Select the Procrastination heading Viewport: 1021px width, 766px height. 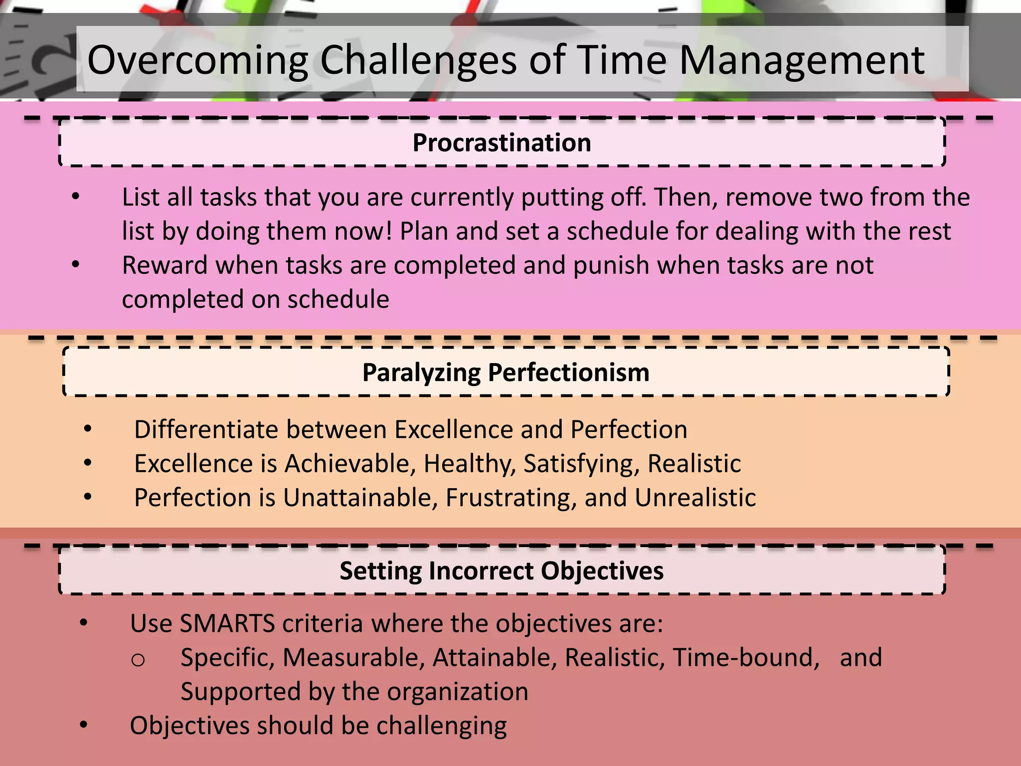(x=502, y=143)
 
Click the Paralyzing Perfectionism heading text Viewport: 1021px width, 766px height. (x=506, y=372)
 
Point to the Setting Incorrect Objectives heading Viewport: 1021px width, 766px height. (x=502, y=571)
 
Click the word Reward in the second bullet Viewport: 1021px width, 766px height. (x=165, y=265)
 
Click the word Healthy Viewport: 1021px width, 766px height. (x=469, y=463)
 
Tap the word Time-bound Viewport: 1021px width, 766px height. (x=746, y=657)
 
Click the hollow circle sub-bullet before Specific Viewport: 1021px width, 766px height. (x=138, y=659)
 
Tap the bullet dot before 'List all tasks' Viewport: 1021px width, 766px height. (x=75, y=197)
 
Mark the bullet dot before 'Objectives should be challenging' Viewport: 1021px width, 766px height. (x=83, y=725)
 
